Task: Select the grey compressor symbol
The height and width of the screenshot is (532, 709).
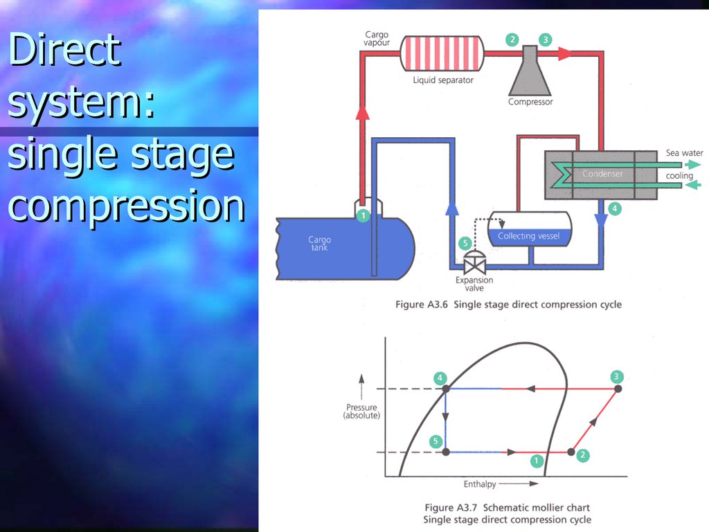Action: pyautogui.click(x=530, y=73)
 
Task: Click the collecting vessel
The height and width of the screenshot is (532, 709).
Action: pyautogui.click(x=530, y=231)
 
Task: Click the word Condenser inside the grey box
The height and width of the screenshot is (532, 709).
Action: pyautogui.click(x=602, y=174)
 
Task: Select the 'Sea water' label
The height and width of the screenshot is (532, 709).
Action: pyautogui.click(x=684, y=152)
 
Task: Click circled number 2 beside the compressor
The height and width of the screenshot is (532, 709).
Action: pyautogui.click(x=512, y=39)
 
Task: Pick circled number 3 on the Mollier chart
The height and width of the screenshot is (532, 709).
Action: pyautogui.click(x=617, y=377)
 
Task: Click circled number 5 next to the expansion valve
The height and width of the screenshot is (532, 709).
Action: pyautogui.click(x=465, y=243)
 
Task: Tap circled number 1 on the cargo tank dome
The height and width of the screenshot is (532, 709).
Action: pyautogui.click(x=364, y=215)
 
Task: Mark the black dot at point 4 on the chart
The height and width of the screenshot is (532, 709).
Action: pyautogui.click(x=446, y=389)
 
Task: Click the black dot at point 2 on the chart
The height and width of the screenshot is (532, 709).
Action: pyautogui.click(x=571, y=452)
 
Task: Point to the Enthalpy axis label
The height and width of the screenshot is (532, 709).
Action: pyautogui.click(x=480, y=483)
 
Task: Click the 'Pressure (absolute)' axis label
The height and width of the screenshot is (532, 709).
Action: pyautogui.click(x=361, y=411)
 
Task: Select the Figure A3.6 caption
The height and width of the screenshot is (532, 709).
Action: pyautogui.click(x=508, y=304)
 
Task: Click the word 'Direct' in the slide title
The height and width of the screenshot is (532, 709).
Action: pyautogui.click(x=65, y=50)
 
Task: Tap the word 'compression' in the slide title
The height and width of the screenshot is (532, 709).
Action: pyautogui.click(x=126, y=206)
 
